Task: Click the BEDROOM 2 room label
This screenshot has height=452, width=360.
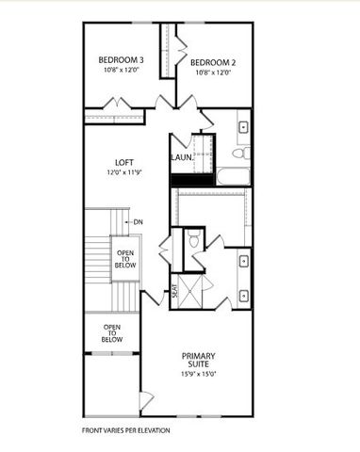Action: (212, 63)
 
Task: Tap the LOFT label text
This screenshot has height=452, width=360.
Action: (123, 162)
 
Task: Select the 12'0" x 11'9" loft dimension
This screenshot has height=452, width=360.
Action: (123, 173)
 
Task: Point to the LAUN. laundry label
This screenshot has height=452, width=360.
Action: (182, 157)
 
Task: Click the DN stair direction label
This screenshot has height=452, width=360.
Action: (138, 222)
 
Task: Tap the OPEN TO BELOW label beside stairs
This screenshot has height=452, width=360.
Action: (125, 259)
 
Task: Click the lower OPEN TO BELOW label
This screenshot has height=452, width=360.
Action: (112, 332)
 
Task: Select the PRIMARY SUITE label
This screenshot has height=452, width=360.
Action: (199, 362)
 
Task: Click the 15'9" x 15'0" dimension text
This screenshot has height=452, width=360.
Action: (199, 375)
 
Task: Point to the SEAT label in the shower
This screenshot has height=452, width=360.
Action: (174, 291)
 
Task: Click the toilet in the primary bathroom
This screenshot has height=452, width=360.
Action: (194, 241)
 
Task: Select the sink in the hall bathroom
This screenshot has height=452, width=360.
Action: (243, 124)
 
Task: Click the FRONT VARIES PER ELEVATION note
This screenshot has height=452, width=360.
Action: (125, 431)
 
